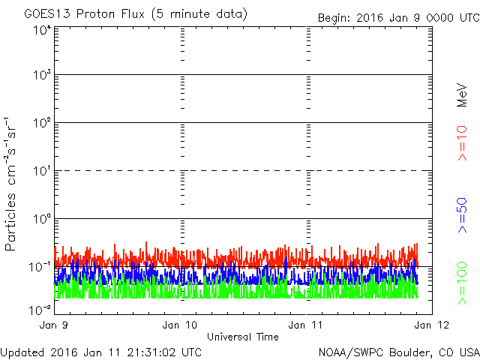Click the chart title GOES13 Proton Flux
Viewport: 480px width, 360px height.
coord(84,14)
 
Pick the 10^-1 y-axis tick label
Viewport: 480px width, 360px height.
coord(40,267)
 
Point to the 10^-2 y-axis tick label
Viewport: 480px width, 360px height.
coord(40,310)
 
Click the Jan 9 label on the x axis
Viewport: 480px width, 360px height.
coord(54,325)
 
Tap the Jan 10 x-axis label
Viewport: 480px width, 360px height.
coord(180,325)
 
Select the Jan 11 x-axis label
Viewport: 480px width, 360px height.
coord(305,325)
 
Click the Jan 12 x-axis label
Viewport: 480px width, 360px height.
coord(432,325)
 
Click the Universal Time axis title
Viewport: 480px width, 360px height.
coord(243,337)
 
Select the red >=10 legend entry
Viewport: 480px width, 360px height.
coord(462,143)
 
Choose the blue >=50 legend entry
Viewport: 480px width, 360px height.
coord(462,215)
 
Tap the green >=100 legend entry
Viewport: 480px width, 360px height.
coord(462,283)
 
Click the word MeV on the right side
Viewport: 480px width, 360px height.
coord(462,95)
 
